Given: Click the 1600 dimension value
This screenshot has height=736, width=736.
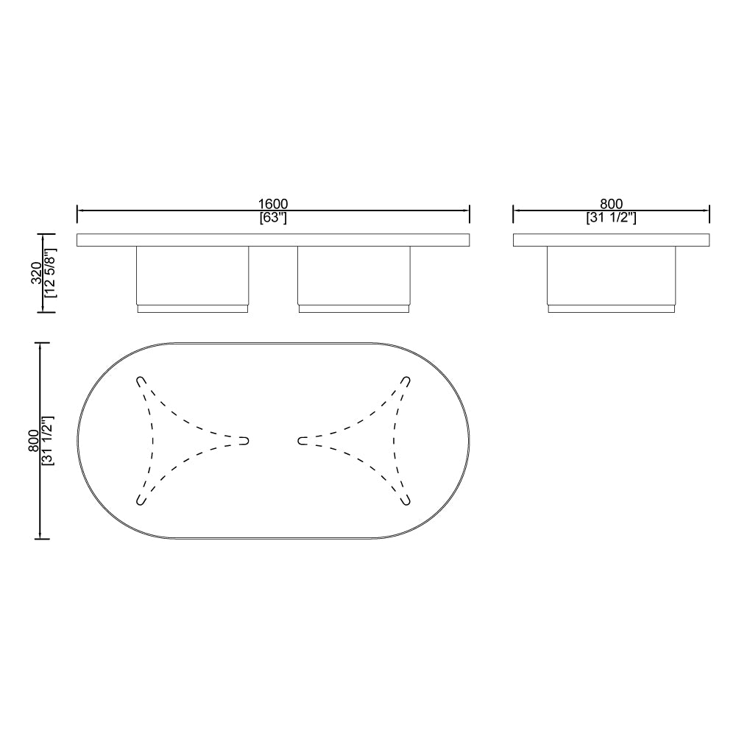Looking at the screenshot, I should [273, 204].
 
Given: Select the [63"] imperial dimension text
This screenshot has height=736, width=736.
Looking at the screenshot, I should [273, 218].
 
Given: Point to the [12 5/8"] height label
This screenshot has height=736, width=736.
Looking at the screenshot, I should [50, 272].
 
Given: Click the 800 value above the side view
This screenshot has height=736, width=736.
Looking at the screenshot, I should [611, 204].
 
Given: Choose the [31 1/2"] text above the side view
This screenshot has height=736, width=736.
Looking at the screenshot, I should [611, 218].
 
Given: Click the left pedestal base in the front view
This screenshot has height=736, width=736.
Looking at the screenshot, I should [192, 275].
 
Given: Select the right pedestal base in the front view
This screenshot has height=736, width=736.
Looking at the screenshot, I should [353, 275].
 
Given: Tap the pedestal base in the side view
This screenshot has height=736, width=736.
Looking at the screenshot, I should [611, 275].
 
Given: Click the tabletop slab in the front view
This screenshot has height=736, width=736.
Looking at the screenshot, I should [273, 240].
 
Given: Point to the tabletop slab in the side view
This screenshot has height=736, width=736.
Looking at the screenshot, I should [611, 240].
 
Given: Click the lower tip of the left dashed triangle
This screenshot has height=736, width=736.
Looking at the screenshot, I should [141, 500].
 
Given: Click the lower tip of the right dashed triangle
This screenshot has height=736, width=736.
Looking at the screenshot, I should [406, 500].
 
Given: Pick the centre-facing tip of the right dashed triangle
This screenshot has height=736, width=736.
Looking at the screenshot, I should [301, 440].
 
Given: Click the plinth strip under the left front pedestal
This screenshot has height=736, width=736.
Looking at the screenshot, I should [192, 309].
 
